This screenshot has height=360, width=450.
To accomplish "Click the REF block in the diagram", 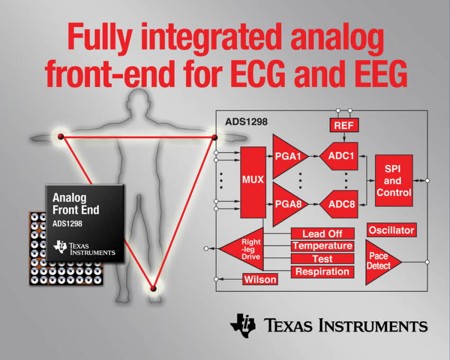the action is click(344, 125).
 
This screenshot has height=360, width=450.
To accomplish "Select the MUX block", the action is click(253, 183).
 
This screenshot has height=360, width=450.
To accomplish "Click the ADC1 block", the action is click(340, 156).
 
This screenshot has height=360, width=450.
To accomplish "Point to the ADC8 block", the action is click(340, 204).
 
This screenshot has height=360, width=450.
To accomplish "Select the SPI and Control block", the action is click(394, 181).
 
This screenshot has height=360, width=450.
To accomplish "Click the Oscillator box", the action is click(391, 230).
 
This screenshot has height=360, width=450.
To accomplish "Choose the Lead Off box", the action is click(322, 233).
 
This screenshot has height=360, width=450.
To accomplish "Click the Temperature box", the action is click(322, 246).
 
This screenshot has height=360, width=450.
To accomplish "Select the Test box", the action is click(322, 259).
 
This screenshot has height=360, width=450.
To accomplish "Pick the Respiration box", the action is click(322, 272).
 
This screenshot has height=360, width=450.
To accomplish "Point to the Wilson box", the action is click(260, 279).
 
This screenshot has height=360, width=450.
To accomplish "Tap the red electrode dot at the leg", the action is click(153, 288).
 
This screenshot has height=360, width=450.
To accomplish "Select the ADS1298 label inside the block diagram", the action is click(246, 122).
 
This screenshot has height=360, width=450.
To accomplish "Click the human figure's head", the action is click(139, 103).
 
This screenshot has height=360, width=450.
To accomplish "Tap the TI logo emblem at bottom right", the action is click(243, 325).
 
